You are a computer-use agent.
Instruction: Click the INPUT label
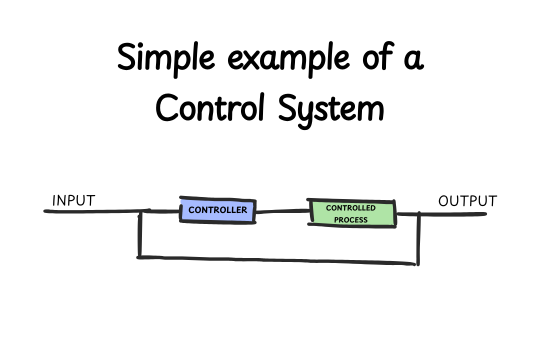coord(73,201)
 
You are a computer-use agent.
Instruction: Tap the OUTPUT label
coord(467,201)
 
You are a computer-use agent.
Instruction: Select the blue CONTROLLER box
coord(217,210)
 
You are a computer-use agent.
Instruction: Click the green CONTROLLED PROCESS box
coord(351,213)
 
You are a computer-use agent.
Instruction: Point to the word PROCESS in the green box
coord(351,219)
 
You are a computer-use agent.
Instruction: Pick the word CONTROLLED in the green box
coord(351,208)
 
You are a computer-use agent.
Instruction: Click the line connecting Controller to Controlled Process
coord(280,211)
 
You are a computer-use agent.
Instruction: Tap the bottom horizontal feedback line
coord(277,260)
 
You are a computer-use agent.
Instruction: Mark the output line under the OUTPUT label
coord(452,214)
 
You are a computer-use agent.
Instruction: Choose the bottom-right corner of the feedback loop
coord(417,263)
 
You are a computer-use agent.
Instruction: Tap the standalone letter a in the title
coord(413,60)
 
